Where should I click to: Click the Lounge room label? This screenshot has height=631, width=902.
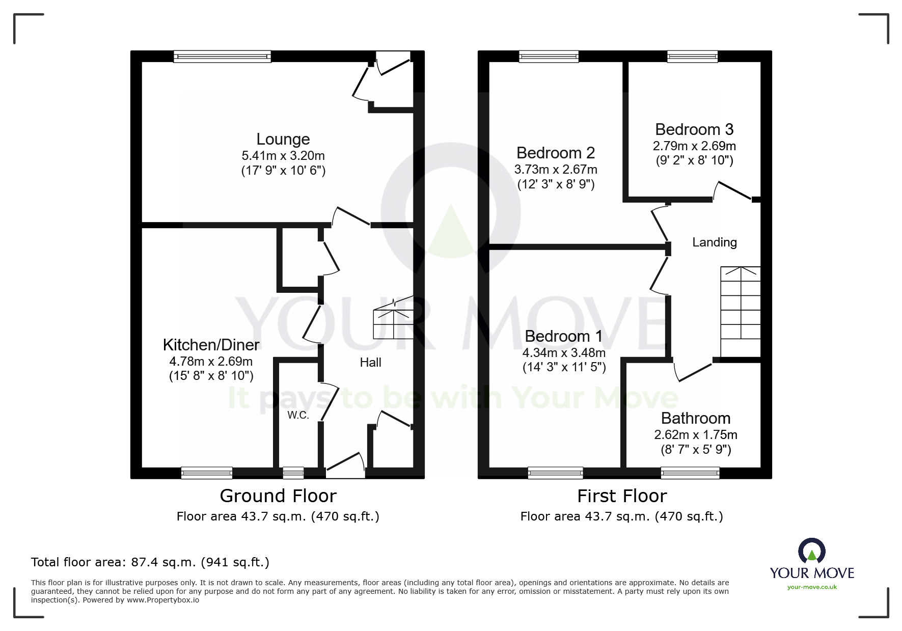283,139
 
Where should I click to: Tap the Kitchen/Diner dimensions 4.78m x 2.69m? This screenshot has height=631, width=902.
211,362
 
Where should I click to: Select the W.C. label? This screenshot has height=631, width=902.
298,415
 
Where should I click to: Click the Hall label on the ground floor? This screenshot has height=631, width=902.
370,363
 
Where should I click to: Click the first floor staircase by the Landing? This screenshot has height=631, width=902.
740,311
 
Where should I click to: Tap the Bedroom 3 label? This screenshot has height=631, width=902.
694,129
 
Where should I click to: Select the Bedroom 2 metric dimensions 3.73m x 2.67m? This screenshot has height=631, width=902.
556,169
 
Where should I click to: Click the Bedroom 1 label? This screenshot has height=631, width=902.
563,336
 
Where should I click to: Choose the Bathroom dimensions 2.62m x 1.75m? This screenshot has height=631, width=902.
695,434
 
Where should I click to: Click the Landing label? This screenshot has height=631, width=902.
714,242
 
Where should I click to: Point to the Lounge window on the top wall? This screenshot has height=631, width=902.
222,57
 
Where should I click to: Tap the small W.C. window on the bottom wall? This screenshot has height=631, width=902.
293,473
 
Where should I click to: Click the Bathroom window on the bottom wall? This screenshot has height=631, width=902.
690,473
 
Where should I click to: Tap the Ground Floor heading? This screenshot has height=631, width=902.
278,496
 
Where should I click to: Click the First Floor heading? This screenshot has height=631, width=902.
621,496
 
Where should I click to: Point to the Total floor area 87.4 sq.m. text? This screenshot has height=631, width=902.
150,562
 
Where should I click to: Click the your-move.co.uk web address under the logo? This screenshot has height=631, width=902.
812,587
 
